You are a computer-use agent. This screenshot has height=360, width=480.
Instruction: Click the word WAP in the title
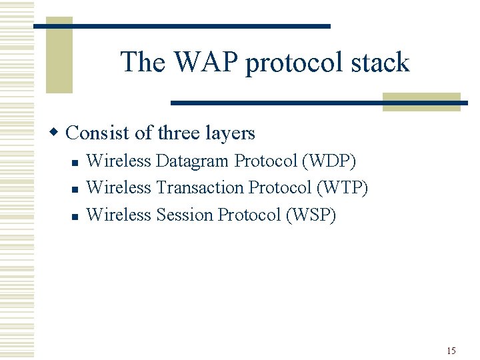click(x=207, y=63)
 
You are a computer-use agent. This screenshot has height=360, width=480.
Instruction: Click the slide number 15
click(x=451, y=351)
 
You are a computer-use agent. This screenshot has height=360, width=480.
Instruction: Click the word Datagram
click(x=193, y=161)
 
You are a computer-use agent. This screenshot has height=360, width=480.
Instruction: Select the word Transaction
click(x=199, y=188)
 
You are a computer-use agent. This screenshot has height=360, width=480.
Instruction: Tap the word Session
click(x=184, y=215)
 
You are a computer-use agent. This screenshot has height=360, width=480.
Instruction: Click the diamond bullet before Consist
click(x=58, y=133)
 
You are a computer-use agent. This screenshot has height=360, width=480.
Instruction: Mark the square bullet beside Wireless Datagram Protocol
click(x=75, y=162)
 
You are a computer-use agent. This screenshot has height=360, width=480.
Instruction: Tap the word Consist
click(x=99, y=133)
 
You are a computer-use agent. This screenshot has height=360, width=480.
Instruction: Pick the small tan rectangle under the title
click(x=421, y=102)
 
